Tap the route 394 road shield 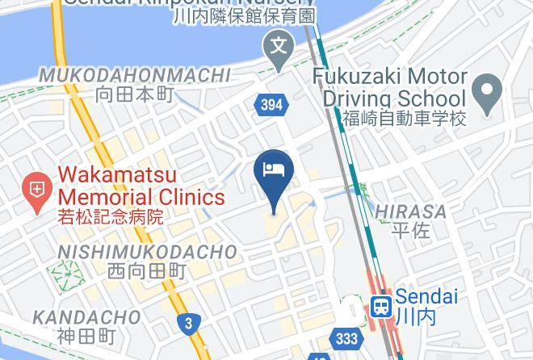click(271, 103)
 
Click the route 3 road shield click(188, 324)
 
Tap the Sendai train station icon click(381, 306)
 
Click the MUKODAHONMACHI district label click(135, 76)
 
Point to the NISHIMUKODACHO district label click(147, 253)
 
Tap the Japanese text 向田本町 click(135, 94)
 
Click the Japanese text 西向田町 click(147, 271)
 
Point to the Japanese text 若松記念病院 click(111, 216)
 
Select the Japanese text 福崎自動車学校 click(404, 119)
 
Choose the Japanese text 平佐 click(410, 230)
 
